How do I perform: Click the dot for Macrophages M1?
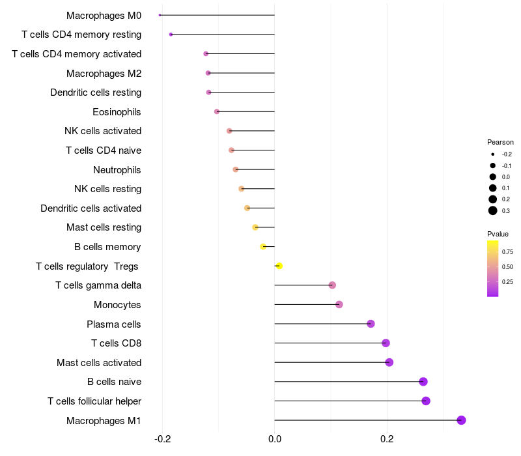coord(461,420)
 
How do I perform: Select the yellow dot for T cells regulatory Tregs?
coord(279,266)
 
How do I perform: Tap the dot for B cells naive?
coord(423,382)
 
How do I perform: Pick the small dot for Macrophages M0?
coord(160,15)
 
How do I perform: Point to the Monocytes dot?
coord(339,304)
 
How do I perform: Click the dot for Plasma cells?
coord(371,324)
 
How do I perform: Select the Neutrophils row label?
coord(117,170)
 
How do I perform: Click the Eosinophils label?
coord(117,112)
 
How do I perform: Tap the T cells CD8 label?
coord(116,343)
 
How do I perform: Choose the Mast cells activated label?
coord(99,362)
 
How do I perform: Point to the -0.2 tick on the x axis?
coord(162,438)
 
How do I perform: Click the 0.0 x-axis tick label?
coord(274,438)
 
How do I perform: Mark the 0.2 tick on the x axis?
coord(387,438)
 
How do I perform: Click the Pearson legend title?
coord(500,142)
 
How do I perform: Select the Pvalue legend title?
coord(498,234)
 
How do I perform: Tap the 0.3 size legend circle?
coord(493,210)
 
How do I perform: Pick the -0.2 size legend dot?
coord(493,154)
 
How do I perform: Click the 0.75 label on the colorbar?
coord(507,251)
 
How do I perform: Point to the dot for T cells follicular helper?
coord(426,401)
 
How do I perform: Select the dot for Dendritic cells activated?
coord(247,208)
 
